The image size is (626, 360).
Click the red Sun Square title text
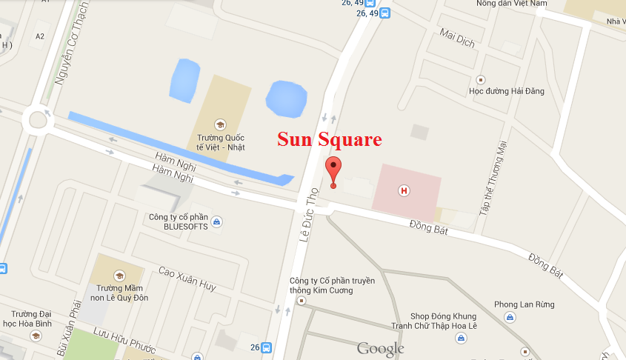[x=330, y=139]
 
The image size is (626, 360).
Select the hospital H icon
[x=404, y=191]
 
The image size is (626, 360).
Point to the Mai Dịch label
[x=457, y=37]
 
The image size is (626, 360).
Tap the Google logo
[x=381, y=348]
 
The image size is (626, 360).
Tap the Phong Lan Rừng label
[x=524, y=304]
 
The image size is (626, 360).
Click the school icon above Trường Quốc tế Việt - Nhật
[x=219, y=124]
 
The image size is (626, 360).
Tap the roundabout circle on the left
[x=36, y=119]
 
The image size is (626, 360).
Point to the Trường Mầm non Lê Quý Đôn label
[x=119, y=293]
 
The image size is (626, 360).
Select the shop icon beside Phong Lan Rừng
[x=510, y=318]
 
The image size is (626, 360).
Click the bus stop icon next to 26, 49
[x=384, y=13]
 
